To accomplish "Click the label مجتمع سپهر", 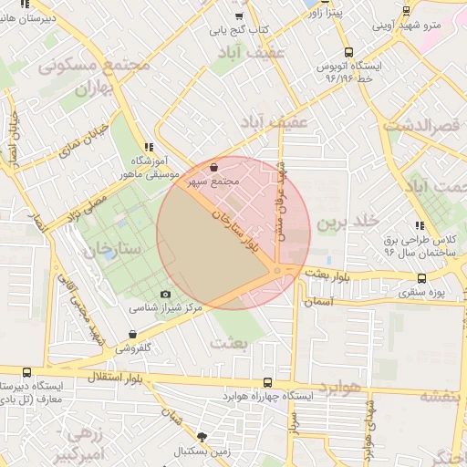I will pyautogui.click(x=213, y=182).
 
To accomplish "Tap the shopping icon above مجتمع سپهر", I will pyautogui.click(x=213, y=168).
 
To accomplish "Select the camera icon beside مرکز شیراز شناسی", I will pyautogui.click(x=165, y=294).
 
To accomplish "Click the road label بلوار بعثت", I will pyautogui.click(x=327, y=273).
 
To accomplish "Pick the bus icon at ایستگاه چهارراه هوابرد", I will pyautogui.click(x=267, y=383).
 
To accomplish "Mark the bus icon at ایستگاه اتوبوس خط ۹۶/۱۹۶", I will pyautogui.click(x=349, y=53).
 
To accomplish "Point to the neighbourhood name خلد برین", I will pyautogui.click(x=348, y=222).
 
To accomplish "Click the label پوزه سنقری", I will pyautogui.click(x=420, y=293).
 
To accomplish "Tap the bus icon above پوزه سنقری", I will pyautogui.click(x=420, y=279).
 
